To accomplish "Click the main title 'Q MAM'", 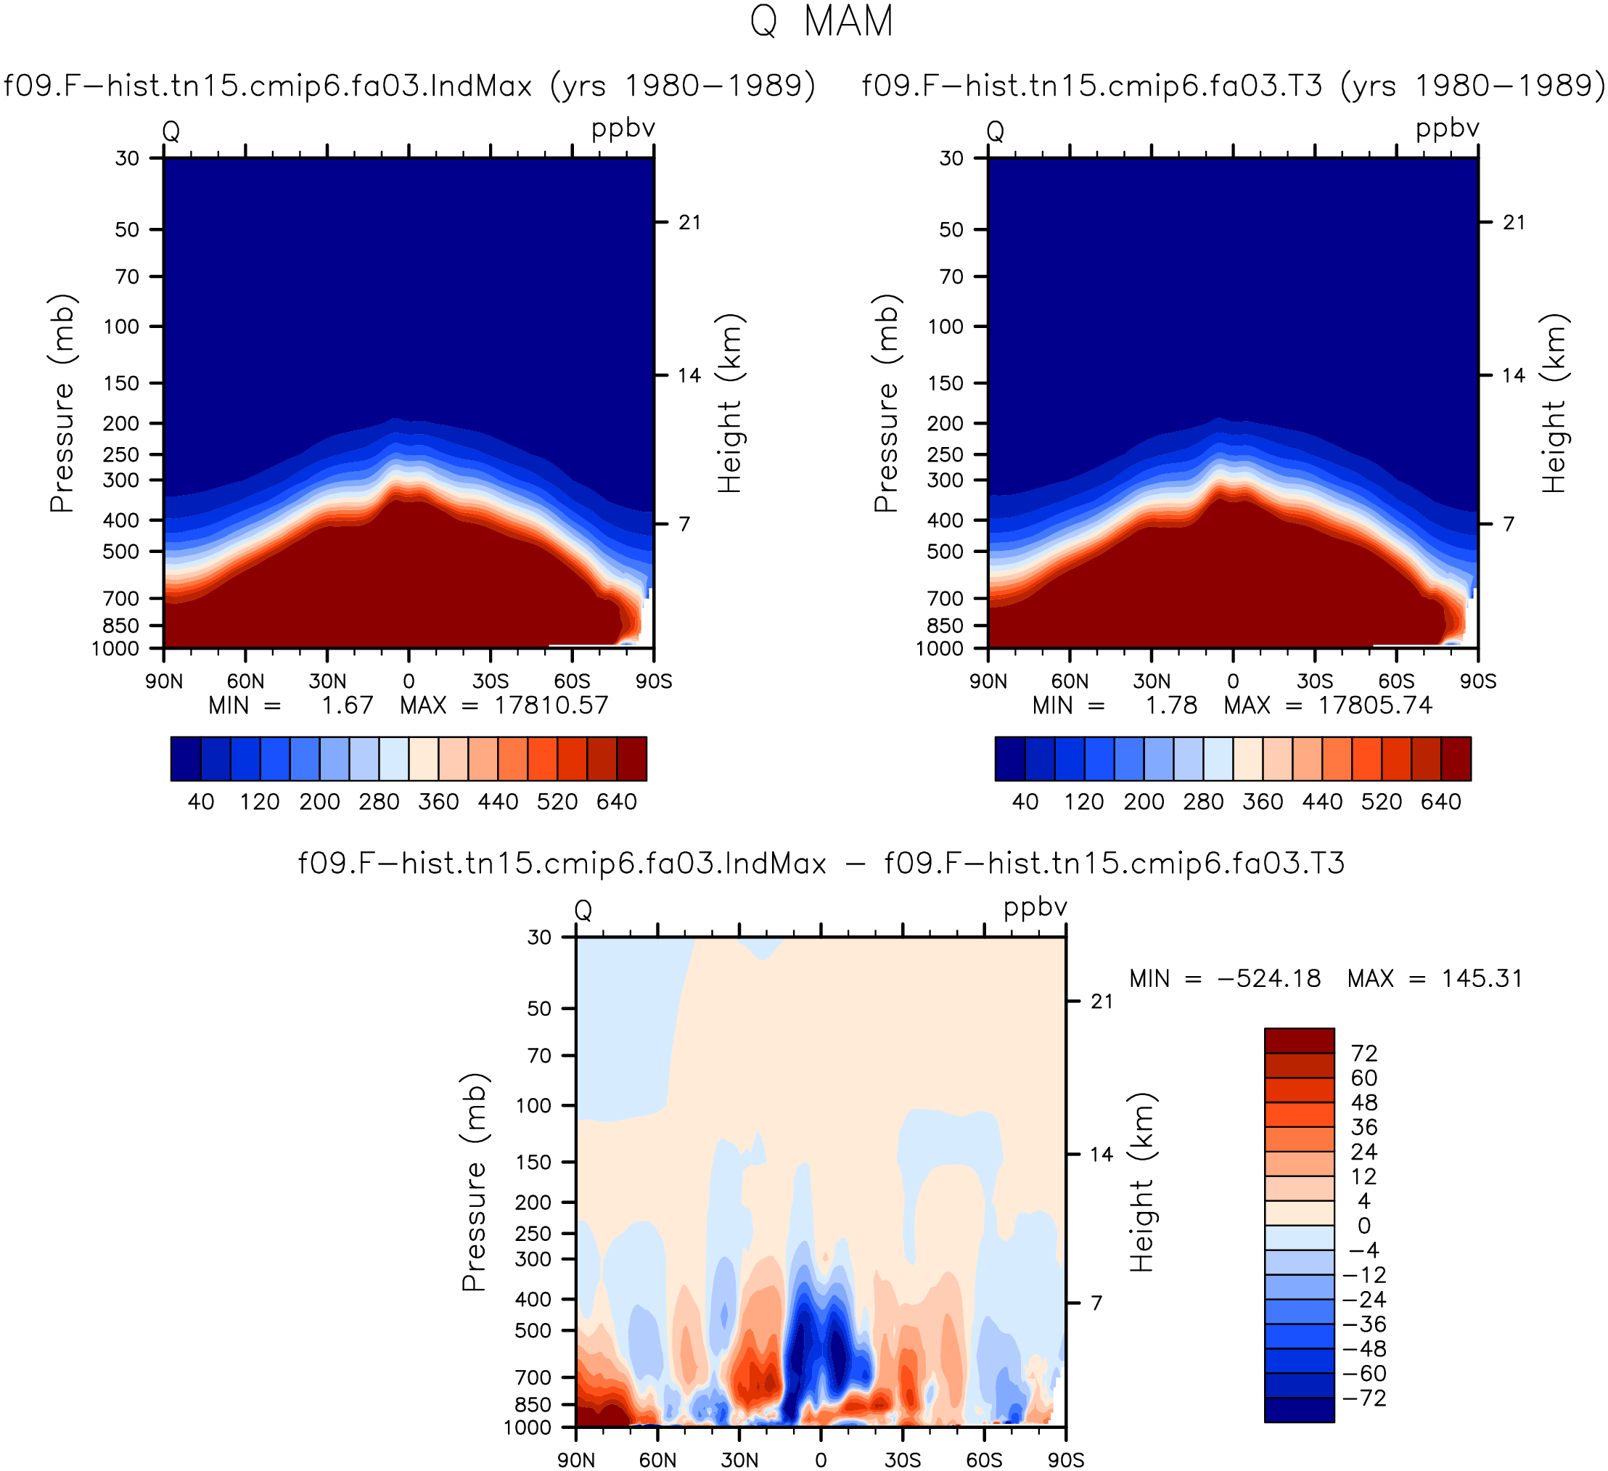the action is click(x=821, y=22).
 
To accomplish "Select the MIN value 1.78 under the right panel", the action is click(x=1171, y=705).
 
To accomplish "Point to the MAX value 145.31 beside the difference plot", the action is click(x=1482, y=978).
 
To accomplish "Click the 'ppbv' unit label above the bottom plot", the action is click(x=1035, y=909).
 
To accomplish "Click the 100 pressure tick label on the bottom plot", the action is click(x=534, y=1106).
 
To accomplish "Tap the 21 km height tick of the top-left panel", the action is click(x=690, y=222).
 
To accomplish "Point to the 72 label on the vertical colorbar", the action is click(x=1365, y=1053).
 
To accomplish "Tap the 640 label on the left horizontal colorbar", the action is click(x=617, y=802).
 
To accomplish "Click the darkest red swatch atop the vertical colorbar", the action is click(x=1300, y=1041).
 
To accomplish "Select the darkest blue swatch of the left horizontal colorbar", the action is click(x=186, y=758).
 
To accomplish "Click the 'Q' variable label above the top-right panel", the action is click(x=996, y=131).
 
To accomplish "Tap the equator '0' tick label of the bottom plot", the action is click(x=821, y=1460).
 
